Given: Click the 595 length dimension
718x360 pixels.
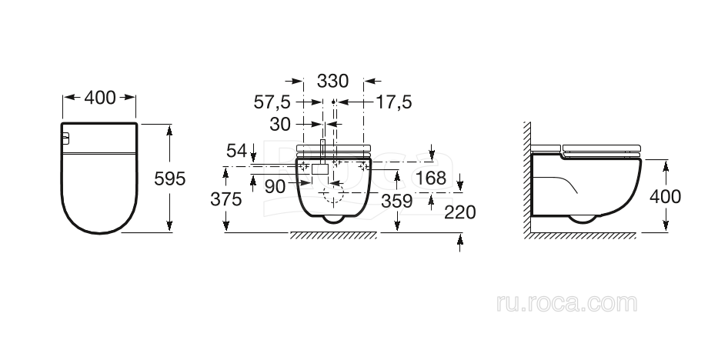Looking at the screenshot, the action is (170, 179).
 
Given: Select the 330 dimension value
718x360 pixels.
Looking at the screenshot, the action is (333, 81).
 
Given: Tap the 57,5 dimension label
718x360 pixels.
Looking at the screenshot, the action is (272, 102).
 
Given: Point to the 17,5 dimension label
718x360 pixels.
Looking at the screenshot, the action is (394, 102).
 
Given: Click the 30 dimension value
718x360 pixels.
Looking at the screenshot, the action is (280, 124).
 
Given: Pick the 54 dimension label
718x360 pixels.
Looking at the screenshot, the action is (237, 150).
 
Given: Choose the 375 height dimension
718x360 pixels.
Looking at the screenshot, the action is (225, 199).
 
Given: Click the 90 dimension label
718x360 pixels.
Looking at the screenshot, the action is (276, 186).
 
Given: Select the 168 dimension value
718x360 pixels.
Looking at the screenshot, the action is (432, 178).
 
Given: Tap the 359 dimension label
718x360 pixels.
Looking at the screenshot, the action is (397, 201).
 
